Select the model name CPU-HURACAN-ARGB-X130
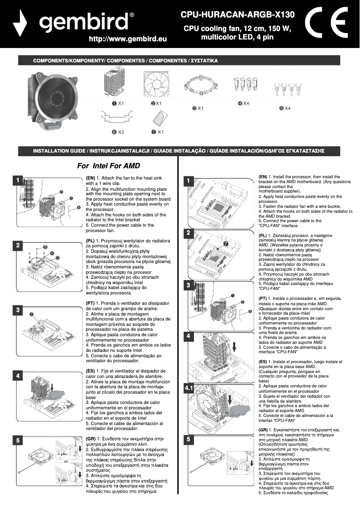point(237,15)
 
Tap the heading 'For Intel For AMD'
point(109,165)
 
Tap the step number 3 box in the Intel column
point(17,310)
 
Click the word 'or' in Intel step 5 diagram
point(66,461)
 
